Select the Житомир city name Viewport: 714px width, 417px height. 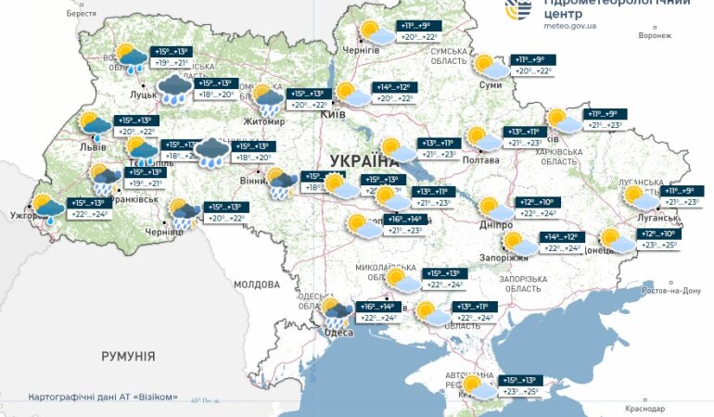coord(265,120)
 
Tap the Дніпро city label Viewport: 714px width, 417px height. coord(496,224)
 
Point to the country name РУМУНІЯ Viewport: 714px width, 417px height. coord(128,356)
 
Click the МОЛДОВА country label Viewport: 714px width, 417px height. coord(257,284)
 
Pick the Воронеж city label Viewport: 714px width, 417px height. coord(654,35)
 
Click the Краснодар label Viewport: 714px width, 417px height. coord(644,409)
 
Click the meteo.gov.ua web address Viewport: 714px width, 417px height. coord(569,27)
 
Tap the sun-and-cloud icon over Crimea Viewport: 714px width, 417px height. coord(476,385)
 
